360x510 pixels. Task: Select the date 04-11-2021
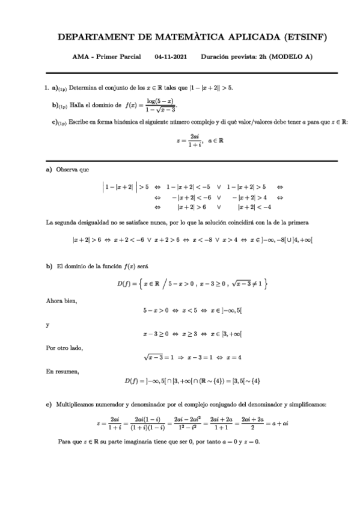click(171, 58)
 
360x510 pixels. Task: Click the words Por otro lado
click(64, 348)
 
